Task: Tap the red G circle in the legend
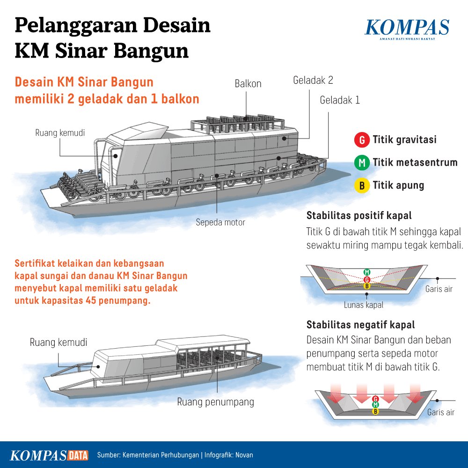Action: click(x=361, y=140)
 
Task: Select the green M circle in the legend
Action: click(x=361, y=163)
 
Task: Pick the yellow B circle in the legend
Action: click(x=361, y=185)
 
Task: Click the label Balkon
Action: click(x=248, y=84)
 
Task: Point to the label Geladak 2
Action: click(x=313, y=80)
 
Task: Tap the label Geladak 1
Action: click(x=340, y=100)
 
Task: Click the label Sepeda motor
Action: click(x=220, y=223)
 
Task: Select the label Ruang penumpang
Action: click(x=215, y=402)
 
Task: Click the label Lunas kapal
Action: click(x=364, y=305)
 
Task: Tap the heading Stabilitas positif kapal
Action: click(x=359, y=216)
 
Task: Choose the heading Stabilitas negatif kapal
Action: click(x=361, y=325)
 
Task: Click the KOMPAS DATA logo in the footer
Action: click(x=50, y=455)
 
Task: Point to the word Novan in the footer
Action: click(x=244, y=455)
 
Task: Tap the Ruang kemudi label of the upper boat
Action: click(x=60, y=133)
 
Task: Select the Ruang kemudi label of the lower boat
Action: click(x=58, y=342)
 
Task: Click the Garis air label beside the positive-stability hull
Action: click(x=439, y=289)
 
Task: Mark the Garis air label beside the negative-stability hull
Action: click(x=441, y=412)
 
